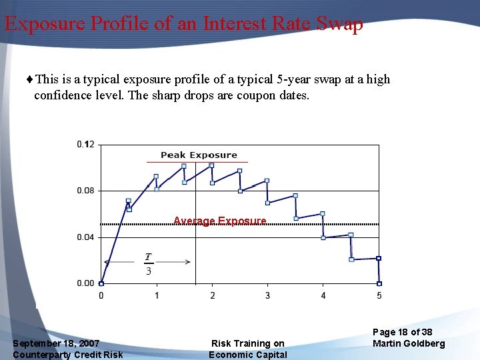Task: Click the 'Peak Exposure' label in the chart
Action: (x=198, y=155)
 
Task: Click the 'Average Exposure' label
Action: (x=219, y=221)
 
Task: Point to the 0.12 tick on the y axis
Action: (x=85, y=144)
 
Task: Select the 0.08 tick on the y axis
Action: (x=85, y=191)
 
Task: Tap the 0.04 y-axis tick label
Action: (x=85, y=237)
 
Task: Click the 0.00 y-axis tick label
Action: (x=85, y=283)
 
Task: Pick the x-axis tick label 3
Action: (x=268, y=295)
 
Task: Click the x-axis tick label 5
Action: (x=379, y=295)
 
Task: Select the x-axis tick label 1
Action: (x=157, y=295)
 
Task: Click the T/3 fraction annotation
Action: (x=148, y=264)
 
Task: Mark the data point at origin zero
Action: (x=101, y=283)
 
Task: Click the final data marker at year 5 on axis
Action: (x=379, y=283)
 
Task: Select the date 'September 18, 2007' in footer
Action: (x=56, y=343)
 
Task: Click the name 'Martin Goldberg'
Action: (x=409, y=343)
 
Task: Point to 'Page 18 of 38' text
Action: (x=403, y=332)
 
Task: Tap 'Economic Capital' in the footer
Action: (x=248, y=355)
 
